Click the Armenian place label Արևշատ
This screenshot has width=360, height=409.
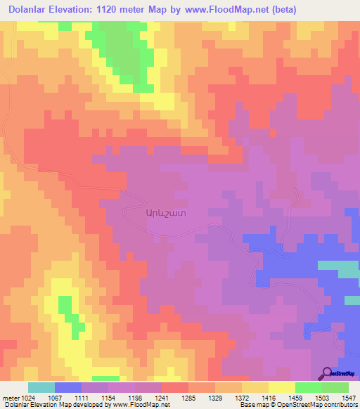coord(166,211)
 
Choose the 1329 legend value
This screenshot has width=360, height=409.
coord(238,397)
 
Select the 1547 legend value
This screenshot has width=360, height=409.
coord(350,397)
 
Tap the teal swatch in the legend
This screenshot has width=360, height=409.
coord(41,387)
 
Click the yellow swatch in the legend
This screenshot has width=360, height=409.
coord(281,387)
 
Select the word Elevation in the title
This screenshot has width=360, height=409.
coord(77,10)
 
